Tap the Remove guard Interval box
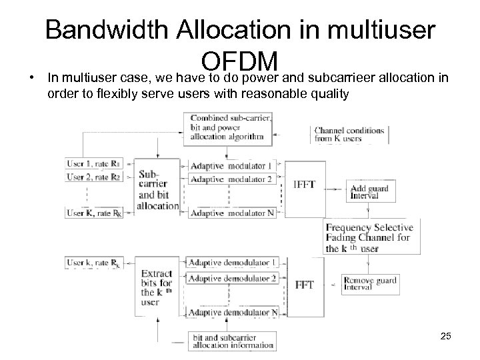[370, 284]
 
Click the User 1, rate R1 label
[93, 163]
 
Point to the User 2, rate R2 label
[93, 177]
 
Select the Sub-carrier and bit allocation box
[157, 189]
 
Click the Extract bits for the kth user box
[157, 287]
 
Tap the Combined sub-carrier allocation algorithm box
[228, 127]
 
